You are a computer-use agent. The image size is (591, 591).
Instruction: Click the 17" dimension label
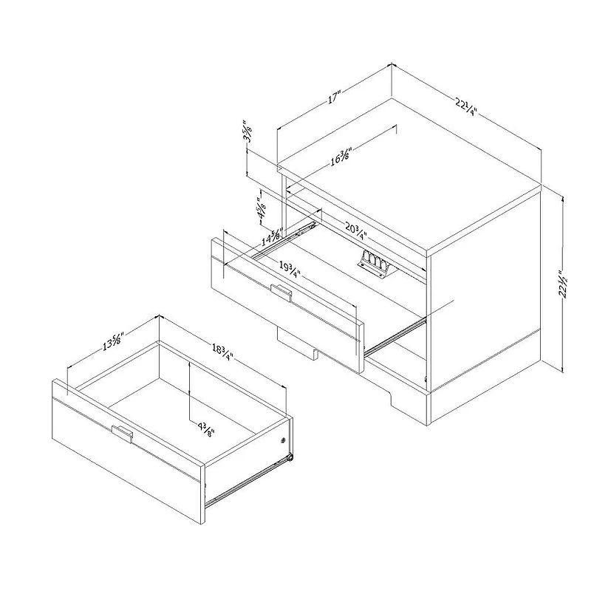pyautogui.click(x=335, y=97)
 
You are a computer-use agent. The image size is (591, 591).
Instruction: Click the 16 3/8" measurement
pyautogui.click(x=340, y=157)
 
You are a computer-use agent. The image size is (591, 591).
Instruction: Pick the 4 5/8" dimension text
pyautogui.click(x=260, y=209)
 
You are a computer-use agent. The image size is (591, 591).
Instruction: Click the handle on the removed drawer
pyautogui.click(x=122, y=434)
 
